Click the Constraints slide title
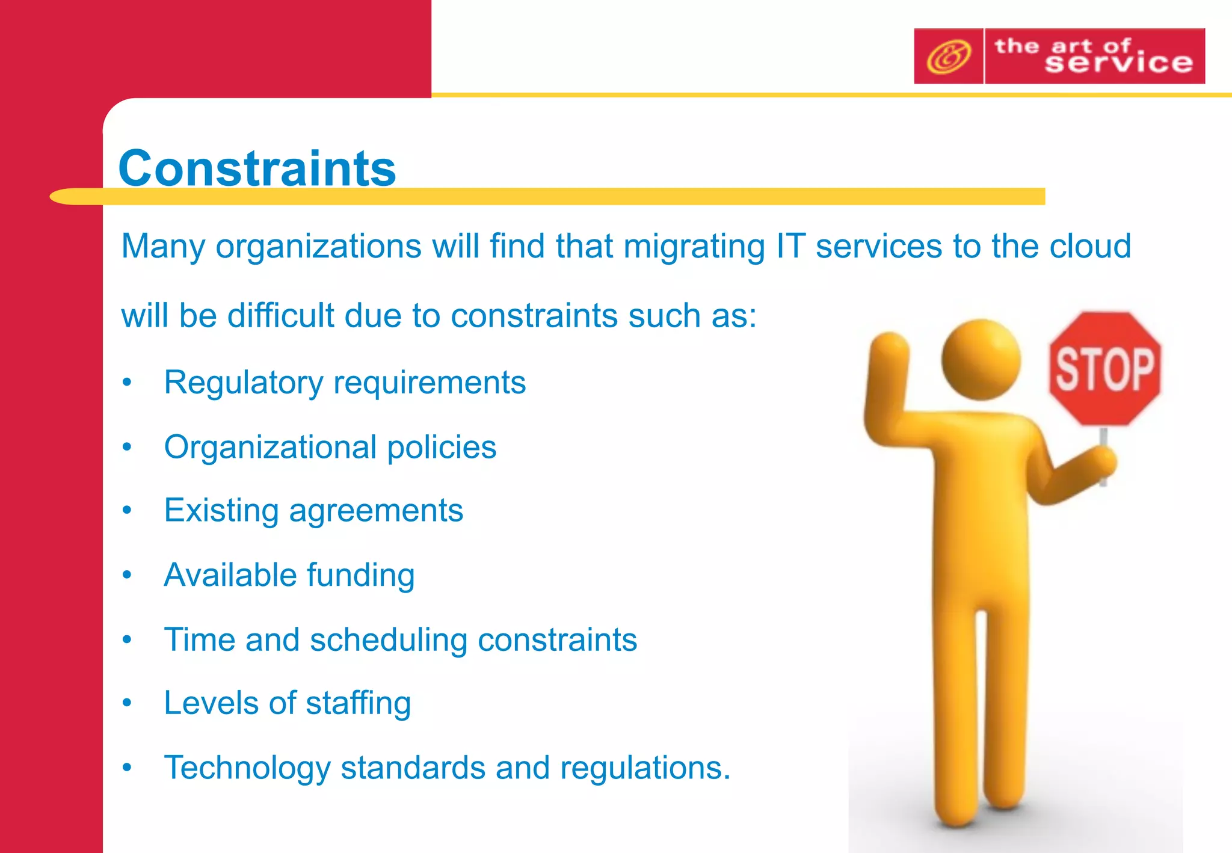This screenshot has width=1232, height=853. tap(257, 168)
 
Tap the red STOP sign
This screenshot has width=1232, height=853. tap(1105, 368)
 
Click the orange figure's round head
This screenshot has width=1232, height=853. tap(981, 360)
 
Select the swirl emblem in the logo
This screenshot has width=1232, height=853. tap(949, 57)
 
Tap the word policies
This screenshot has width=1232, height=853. tap(442, 447)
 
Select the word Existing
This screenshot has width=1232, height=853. tap(221, 511)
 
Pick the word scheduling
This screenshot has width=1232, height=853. tap(388, 639)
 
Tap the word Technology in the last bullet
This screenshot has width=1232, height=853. tap(247, 768)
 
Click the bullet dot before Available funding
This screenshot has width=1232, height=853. tap(127, 575)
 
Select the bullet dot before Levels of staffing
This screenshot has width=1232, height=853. tap(127, 703)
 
